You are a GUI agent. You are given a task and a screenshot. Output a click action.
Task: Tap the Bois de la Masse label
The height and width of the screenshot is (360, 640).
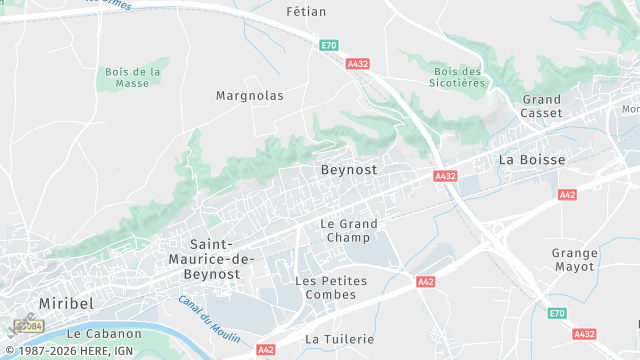click(x=133, y=77)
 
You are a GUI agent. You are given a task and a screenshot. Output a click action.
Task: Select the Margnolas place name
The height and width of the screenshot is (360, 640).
click(x=250, y=96)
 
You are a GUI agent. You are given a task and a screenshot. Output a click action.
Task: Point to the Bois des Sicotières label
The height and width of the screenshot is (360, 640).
click(x=459, y=77)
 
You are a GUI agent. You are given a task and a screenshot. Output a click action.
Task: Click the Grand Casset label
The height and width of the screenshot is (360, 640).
click(x=542, y=106)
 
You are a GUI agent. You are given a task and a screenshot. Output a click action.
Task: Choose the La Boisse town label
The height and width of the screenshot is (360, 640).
click(x=532, y=160)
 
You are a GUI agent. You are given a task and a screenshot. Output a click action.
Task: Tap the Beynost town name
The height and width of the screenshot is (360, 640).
click(x=349, y=170)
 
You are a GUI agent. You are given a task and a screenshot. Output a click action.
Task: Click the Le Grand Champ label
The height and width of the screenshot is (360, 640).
click(x=349, y=230)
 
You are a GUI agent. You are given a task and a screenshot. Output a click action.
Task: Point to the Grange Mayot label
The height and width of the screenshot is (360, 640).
click(x=574, y=260)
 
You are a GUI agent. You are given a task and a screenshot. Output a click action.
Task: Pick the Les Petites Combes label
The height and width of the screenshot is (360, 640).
click(x=332, y=287)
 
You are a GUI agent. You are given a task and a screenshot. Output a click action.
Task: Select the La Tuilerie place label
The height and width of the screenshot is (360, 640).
click(x=340, y=339)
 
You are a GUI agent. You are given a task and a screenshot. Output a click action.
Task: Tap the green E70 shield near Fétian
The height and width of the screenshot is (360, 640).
click(x=328, y=45)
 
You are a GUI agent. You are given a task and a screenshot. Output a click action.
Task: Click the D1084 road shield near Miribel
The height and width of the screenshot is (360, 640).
click(x=30, y=326)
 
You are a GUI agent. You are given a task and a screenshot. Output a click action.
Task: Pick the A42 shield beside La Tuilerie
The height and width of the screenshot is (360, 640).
click(x=266, y=350)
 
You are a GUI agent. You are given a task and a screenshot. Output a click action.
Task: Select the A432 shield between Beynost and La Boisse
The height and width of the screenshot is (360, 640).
click(x=445, y=176)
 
